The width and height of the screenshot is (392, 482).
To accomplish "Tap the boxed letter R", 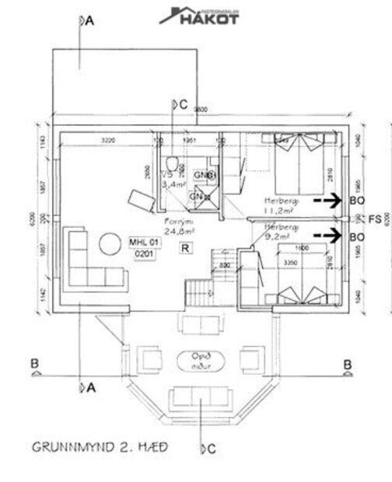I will [x=185, y=249].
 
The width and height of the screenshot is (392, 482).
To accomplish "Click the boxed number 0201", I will [x=143, y=254].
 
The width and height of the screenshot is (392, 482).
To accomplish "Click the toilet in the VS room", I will [x=179, y=165].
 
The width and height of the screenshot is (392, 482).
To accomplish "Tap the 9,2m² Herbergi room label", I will [x=281, y=231].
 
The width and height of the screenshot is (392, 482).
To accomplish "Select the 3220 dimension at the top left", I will [x=107, y=141].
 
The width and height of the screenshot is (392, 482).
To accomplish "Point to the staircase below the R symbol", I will [x=198, y=293].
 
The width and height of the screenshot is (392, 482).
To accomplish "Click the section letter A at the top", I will [x=89, y=23].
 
